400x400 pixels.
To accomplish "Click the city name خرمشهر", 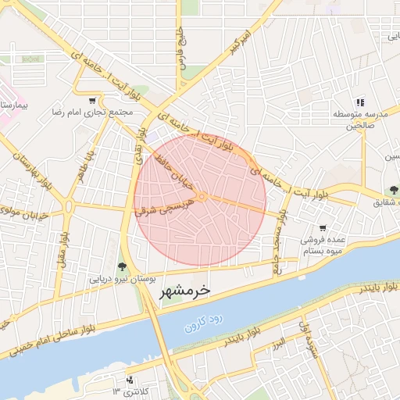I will pyautogui.click(x=184, y=291).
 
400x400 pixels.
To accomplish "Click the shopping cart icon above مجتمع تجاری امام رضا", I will pyautogui.click(x=93, y=101).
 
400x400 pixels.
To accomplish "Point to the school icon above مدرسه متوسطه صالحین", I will pyautogui.click(x=360, y=102).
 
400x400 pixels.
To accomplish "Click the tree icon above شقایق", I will pyautogui.click(x=395, y=191).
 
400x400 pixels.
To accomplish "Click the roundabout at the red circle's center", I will pyautogui.click(x=202, y=197).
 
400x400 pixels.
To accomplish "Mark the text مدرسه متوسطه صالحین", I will pyautogui.click(x=355, y=120).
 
